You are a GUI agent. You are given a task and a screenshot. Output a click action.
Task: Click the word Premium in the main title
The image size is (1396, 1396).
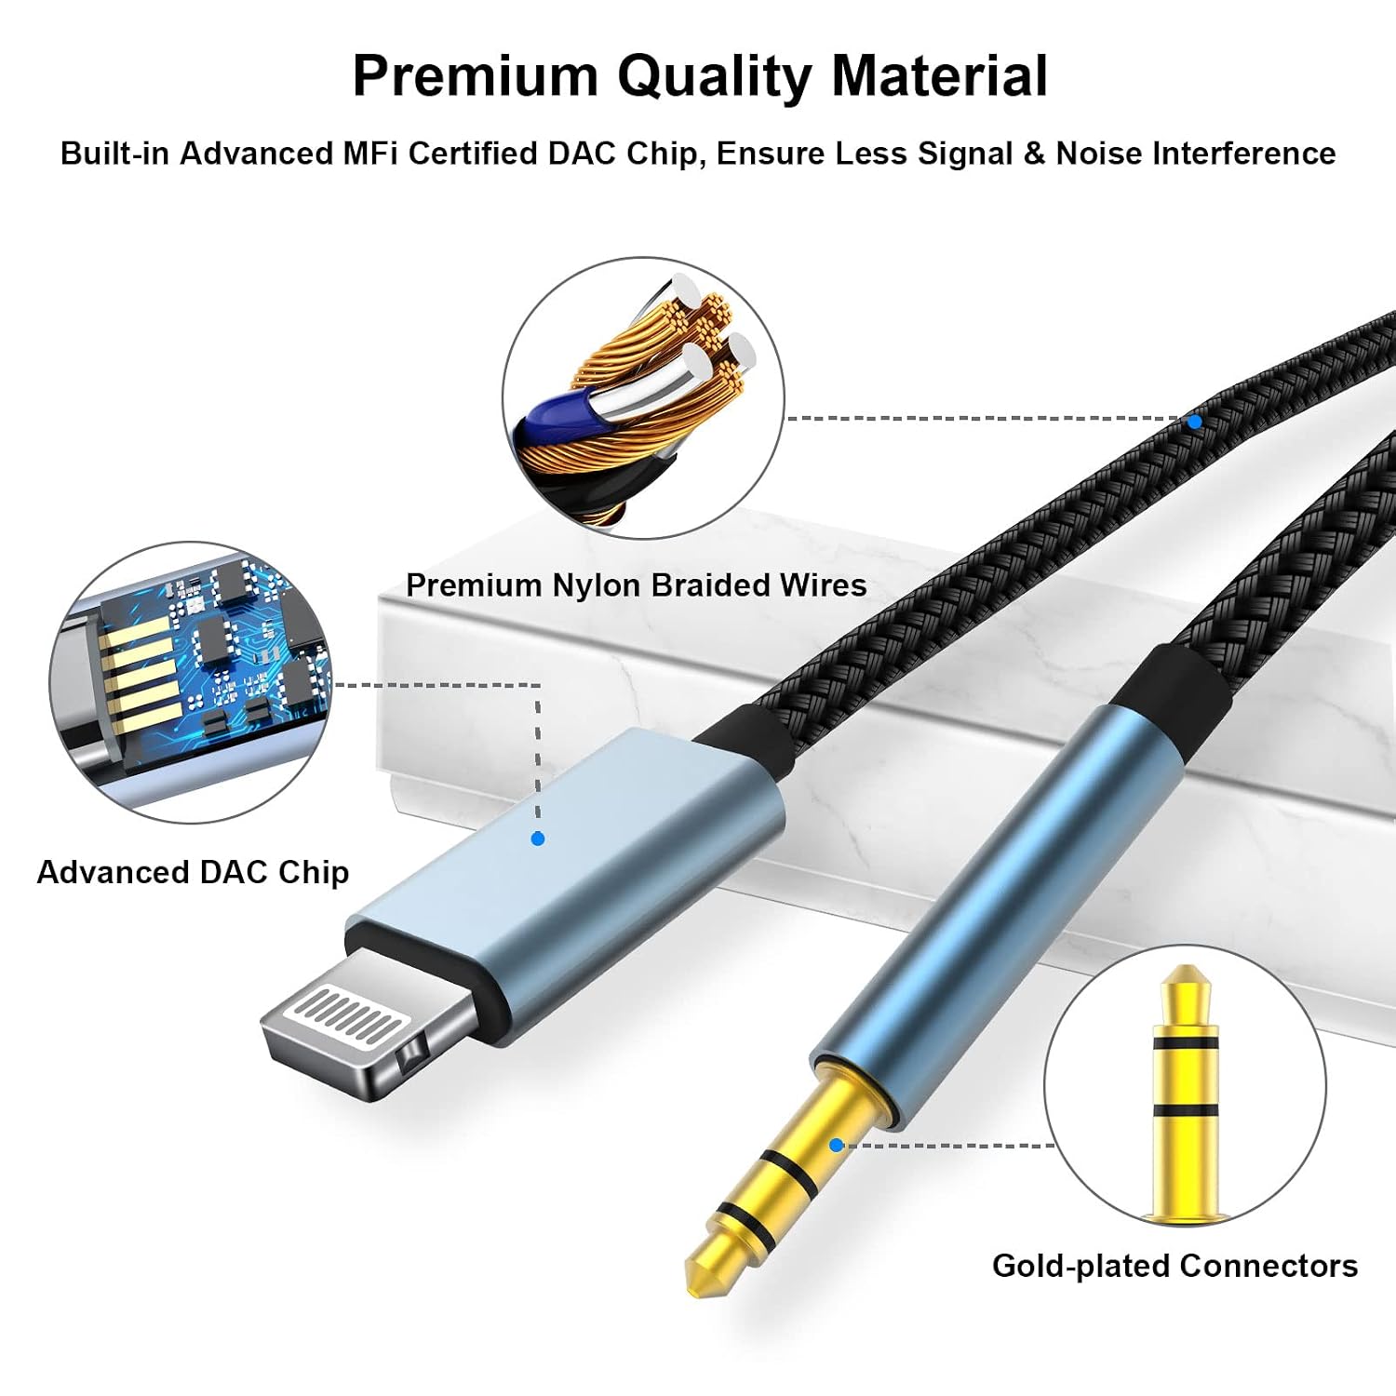point(475,75)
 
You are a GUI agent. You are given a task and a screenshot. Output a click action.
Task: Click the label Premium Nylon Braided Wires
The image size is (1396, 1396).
point(637,585)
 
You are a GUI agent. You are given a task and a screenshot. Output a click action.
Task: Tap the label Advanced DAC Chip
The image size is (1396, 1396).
point(193,872)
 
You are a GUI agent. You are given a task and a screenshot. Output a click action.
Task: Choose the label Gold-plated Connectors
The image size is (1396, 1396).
point(1175,1266)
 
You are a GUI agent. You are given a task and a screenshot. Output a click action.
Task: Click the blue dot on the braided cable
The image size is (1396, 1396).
point(1194,422)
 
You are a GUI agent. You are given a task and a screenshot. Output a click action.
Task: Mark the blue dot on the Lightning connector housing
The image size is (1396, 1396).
point(537,839)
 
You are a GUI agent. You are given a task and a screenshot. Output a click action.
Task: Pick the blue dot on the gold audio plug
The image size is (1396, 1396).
point(836,1145)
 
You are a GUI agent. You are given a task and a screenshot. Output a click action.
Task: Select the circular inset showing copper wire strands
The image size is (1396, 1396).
point(644,398)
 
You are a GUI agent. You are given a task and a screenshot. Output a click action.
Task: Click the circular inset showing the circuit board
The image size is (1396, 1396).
point(191,682)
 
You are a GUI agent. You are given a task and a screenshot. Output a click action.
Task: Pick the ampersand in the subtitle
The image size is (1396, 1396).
point(1034,153)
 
